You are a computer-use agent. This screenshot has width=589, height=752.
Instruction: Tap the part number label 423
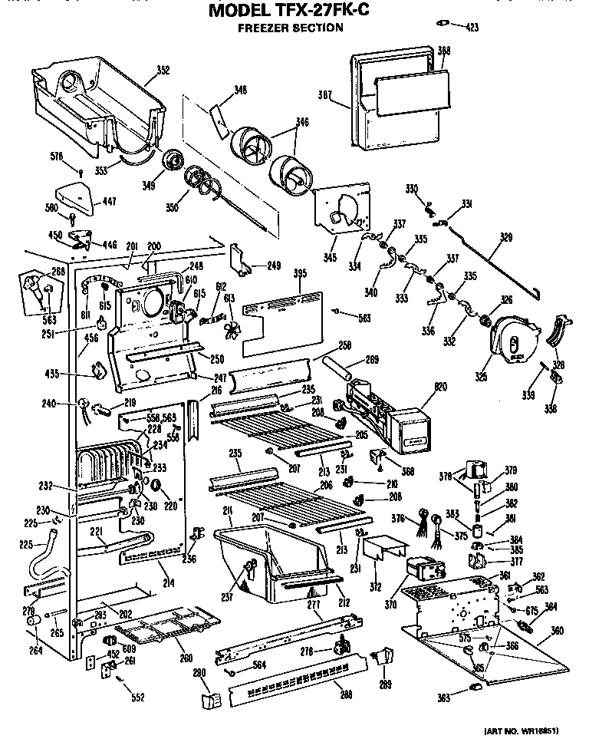(471, 28)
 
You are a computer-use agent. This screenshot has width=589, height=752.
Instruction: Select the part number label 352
(162, 71)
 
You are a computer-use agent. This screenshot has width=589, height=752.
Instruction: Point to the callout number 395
(300, 274)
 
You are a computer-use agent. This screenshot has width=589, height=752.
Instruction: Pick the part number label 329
(505, 238)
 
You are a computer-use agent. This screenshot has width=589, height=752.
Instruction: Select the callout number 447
(110, 202)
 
